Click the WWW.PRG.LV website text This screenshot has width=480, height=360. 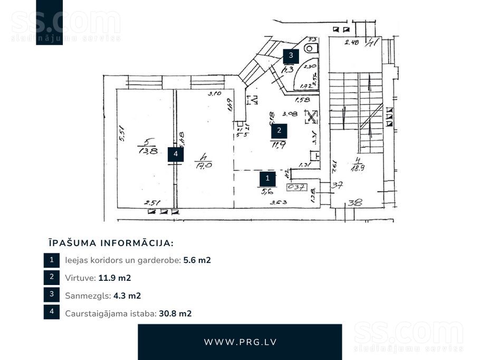pyautogui.click(x=240, y=342)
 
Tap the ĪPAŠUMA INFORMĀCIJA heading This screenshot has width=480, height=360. pyautogui.click(x=111, y=243)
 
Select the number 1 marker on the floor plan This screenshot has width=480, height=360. pyautogui.click(x=267, y=178)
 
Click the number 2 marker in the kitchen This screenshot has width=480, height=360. pyautogui.click(x=279, y=130)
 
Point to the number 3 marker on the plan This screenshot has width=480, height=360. pyautogui.click(x=290, y=55)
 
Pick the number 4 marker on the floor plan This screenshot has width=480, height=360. pyautogui.click(x=176, y=154)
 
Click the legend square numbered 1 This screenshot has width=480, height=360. pyautogui.click(x=52, y=260)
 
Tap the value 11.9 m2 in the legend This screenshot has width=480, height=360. pyautogui.click(x=114, y=278)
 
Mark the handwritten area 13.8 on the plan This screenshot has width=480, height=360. pyautogui.click(x=148, y=150)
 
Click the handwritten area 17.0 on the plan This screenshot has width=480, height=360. pyautogui.click(x=203, y=164)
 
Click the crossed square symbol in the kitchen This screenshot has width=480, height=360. pyautogui.click(x=312, y=117)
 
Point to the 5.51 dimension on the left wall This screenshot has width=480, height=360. pyautogui.click(x=121, y=132)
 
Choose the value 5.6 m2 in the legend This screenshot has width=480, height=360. pyautogui.click(x=197, y=260)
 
